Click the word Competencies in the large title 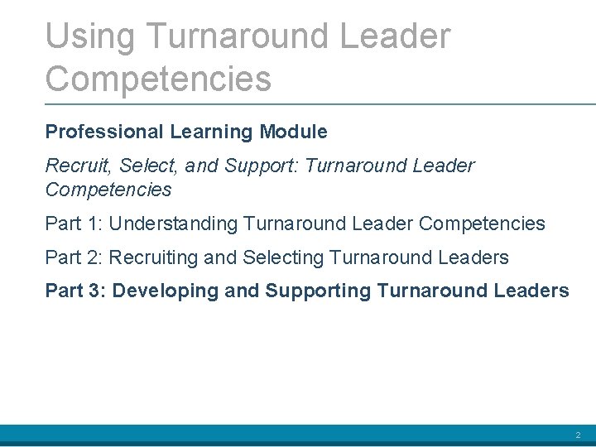coord(158,79)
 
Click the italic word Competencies coord(108,190)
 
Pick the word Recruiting coord(154,257)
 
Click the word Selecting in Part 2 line coord(282,257)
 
